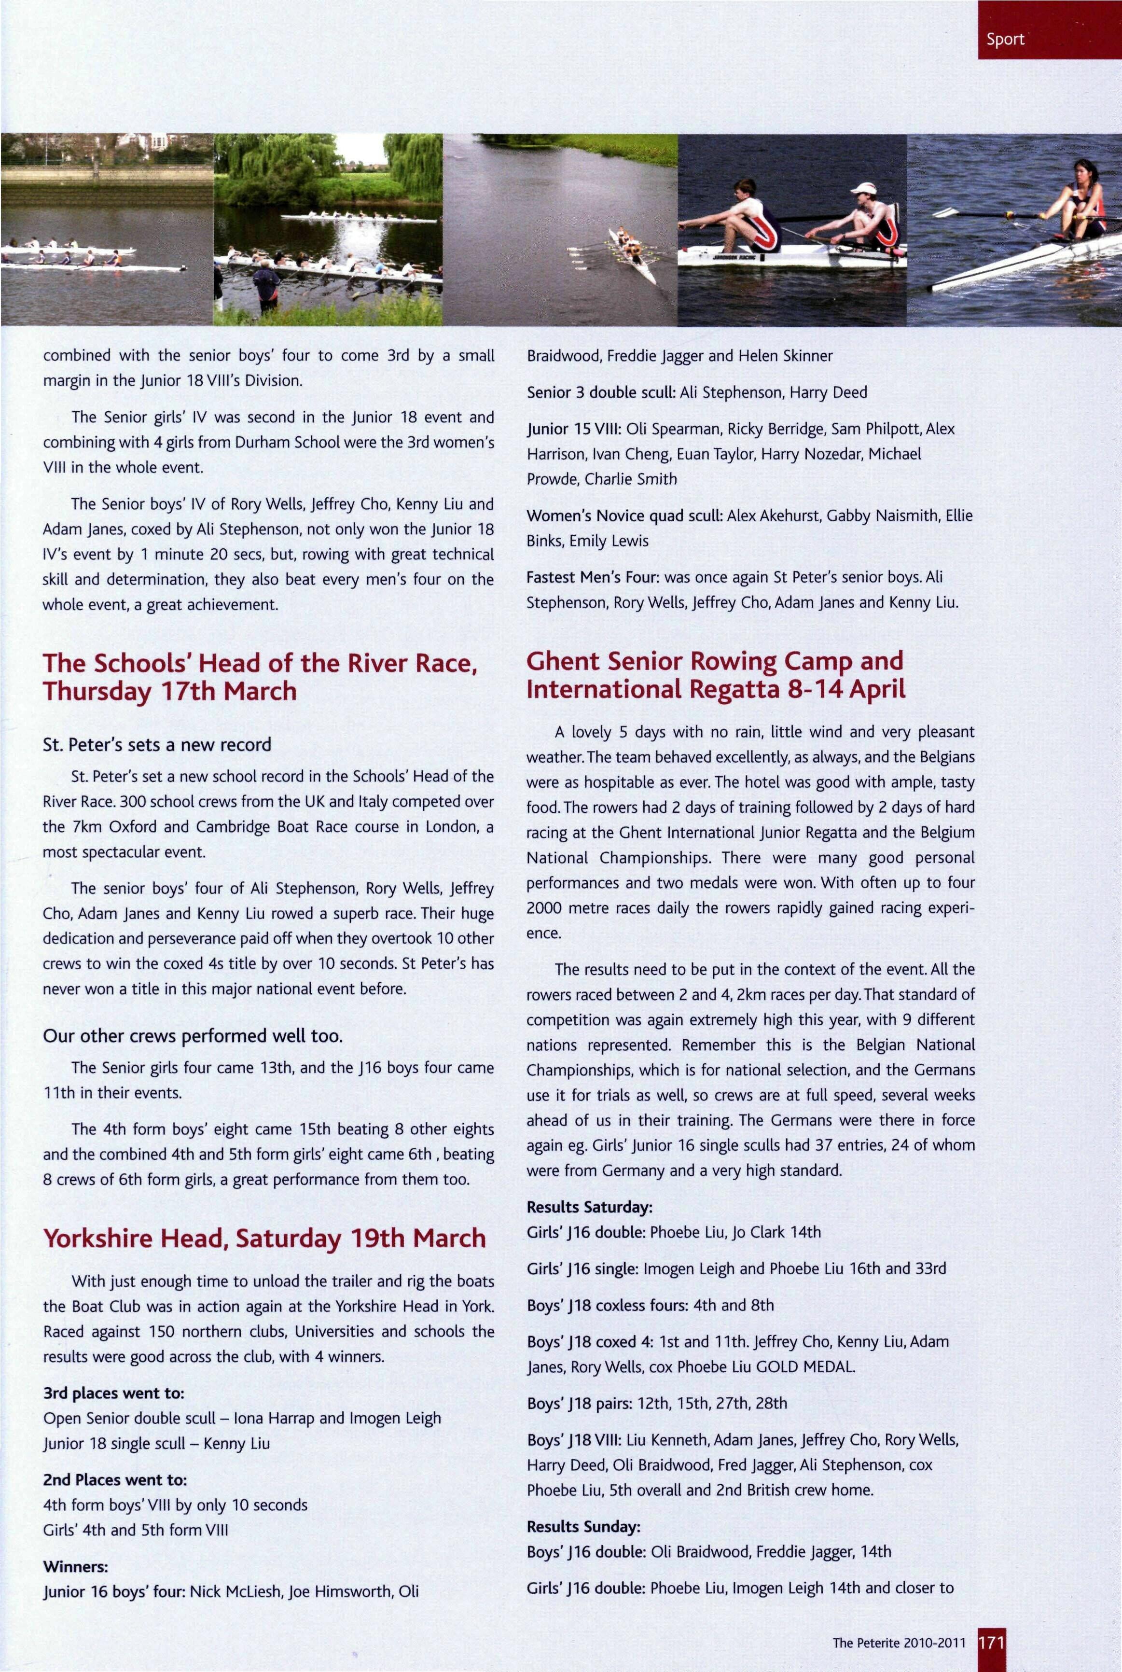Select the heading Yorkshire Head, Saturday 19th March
pos(264,1238)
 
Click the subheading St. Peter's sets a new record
pos(157,744)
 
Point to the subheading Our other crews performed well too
pos(193,1036)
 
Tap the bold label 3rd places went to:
pos(114,1393)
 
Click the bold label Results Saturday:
pos(589,1207)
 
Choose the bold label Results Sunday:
pos(583,1526)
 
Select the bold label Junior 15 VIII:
pos(574,429)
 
